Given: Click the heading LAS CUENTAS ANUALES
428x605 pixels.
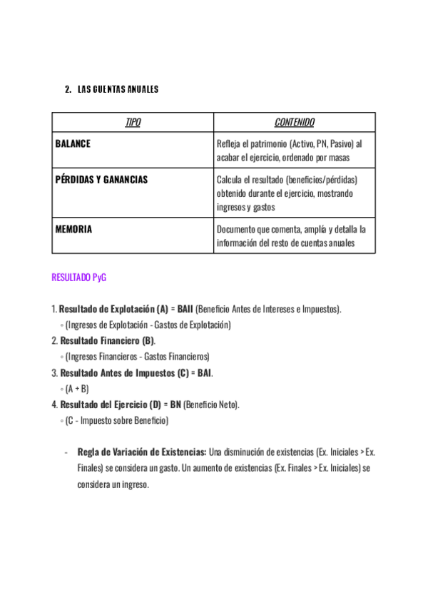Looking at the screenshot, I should tap(118, 90).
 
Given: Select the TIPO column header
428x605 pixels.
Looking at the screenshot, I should tap(133, 123).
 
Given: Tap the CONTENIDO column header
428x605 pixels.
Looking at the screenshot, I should tap(295, 123).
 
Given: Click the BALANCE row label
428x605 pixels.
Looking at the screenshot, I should tap(73, 143).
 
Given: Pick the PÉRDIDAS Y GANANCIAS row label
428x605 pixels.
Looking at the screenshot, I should tap(101, 180).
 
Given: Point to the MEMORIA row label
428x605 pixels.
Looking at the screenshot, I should tap(73, 229).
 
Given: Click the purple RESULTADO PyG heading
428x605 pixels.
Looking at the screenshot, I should tap(79, 278).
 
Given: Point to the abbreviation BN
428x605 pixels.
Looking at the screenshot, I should tap(175, 405).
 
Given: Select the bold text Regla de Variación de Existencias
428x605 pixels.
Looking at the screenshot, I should tap(142, 452).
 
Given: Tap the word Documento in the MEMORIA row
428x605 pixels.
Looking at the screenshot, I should tap(236, 229).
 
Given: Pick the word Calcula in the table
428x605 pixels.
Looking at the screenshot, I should tap(230, 180).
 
